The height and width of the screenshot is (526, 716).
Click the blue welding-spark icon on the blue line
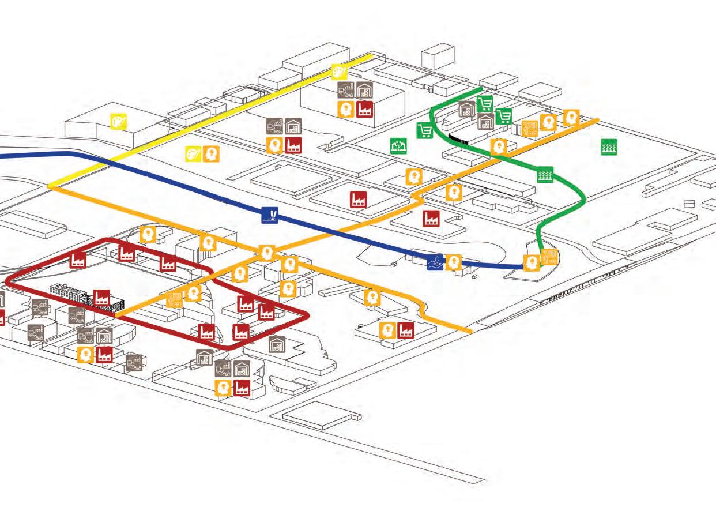point(269,215)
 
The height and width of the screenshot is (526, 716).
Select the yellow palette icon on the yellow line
point(339,72)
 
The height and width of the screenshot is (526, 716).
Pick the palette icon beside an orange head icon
point(194,154)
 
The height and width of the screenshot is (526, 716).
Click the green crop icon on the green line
point(545,174)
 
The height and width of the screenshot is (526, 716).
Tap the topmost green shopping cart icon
point(485,104)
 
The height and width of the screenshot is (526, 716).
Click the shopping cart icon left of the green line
point(425,131)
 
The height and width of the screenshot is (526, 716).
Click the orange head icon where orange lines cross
point(266,253)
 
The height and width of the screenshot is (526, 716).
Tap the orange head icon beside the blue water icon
point(454,262)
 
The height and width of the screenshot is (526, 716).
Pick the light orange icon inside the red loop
point(175,299)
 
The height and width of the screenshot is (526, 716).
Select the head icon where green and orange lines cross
point(498,146)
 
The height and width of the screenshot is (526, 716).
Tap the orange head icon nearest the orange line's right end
point(571,118)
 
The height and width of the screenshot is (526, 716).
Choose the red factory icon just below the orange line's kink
point(431,219)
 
